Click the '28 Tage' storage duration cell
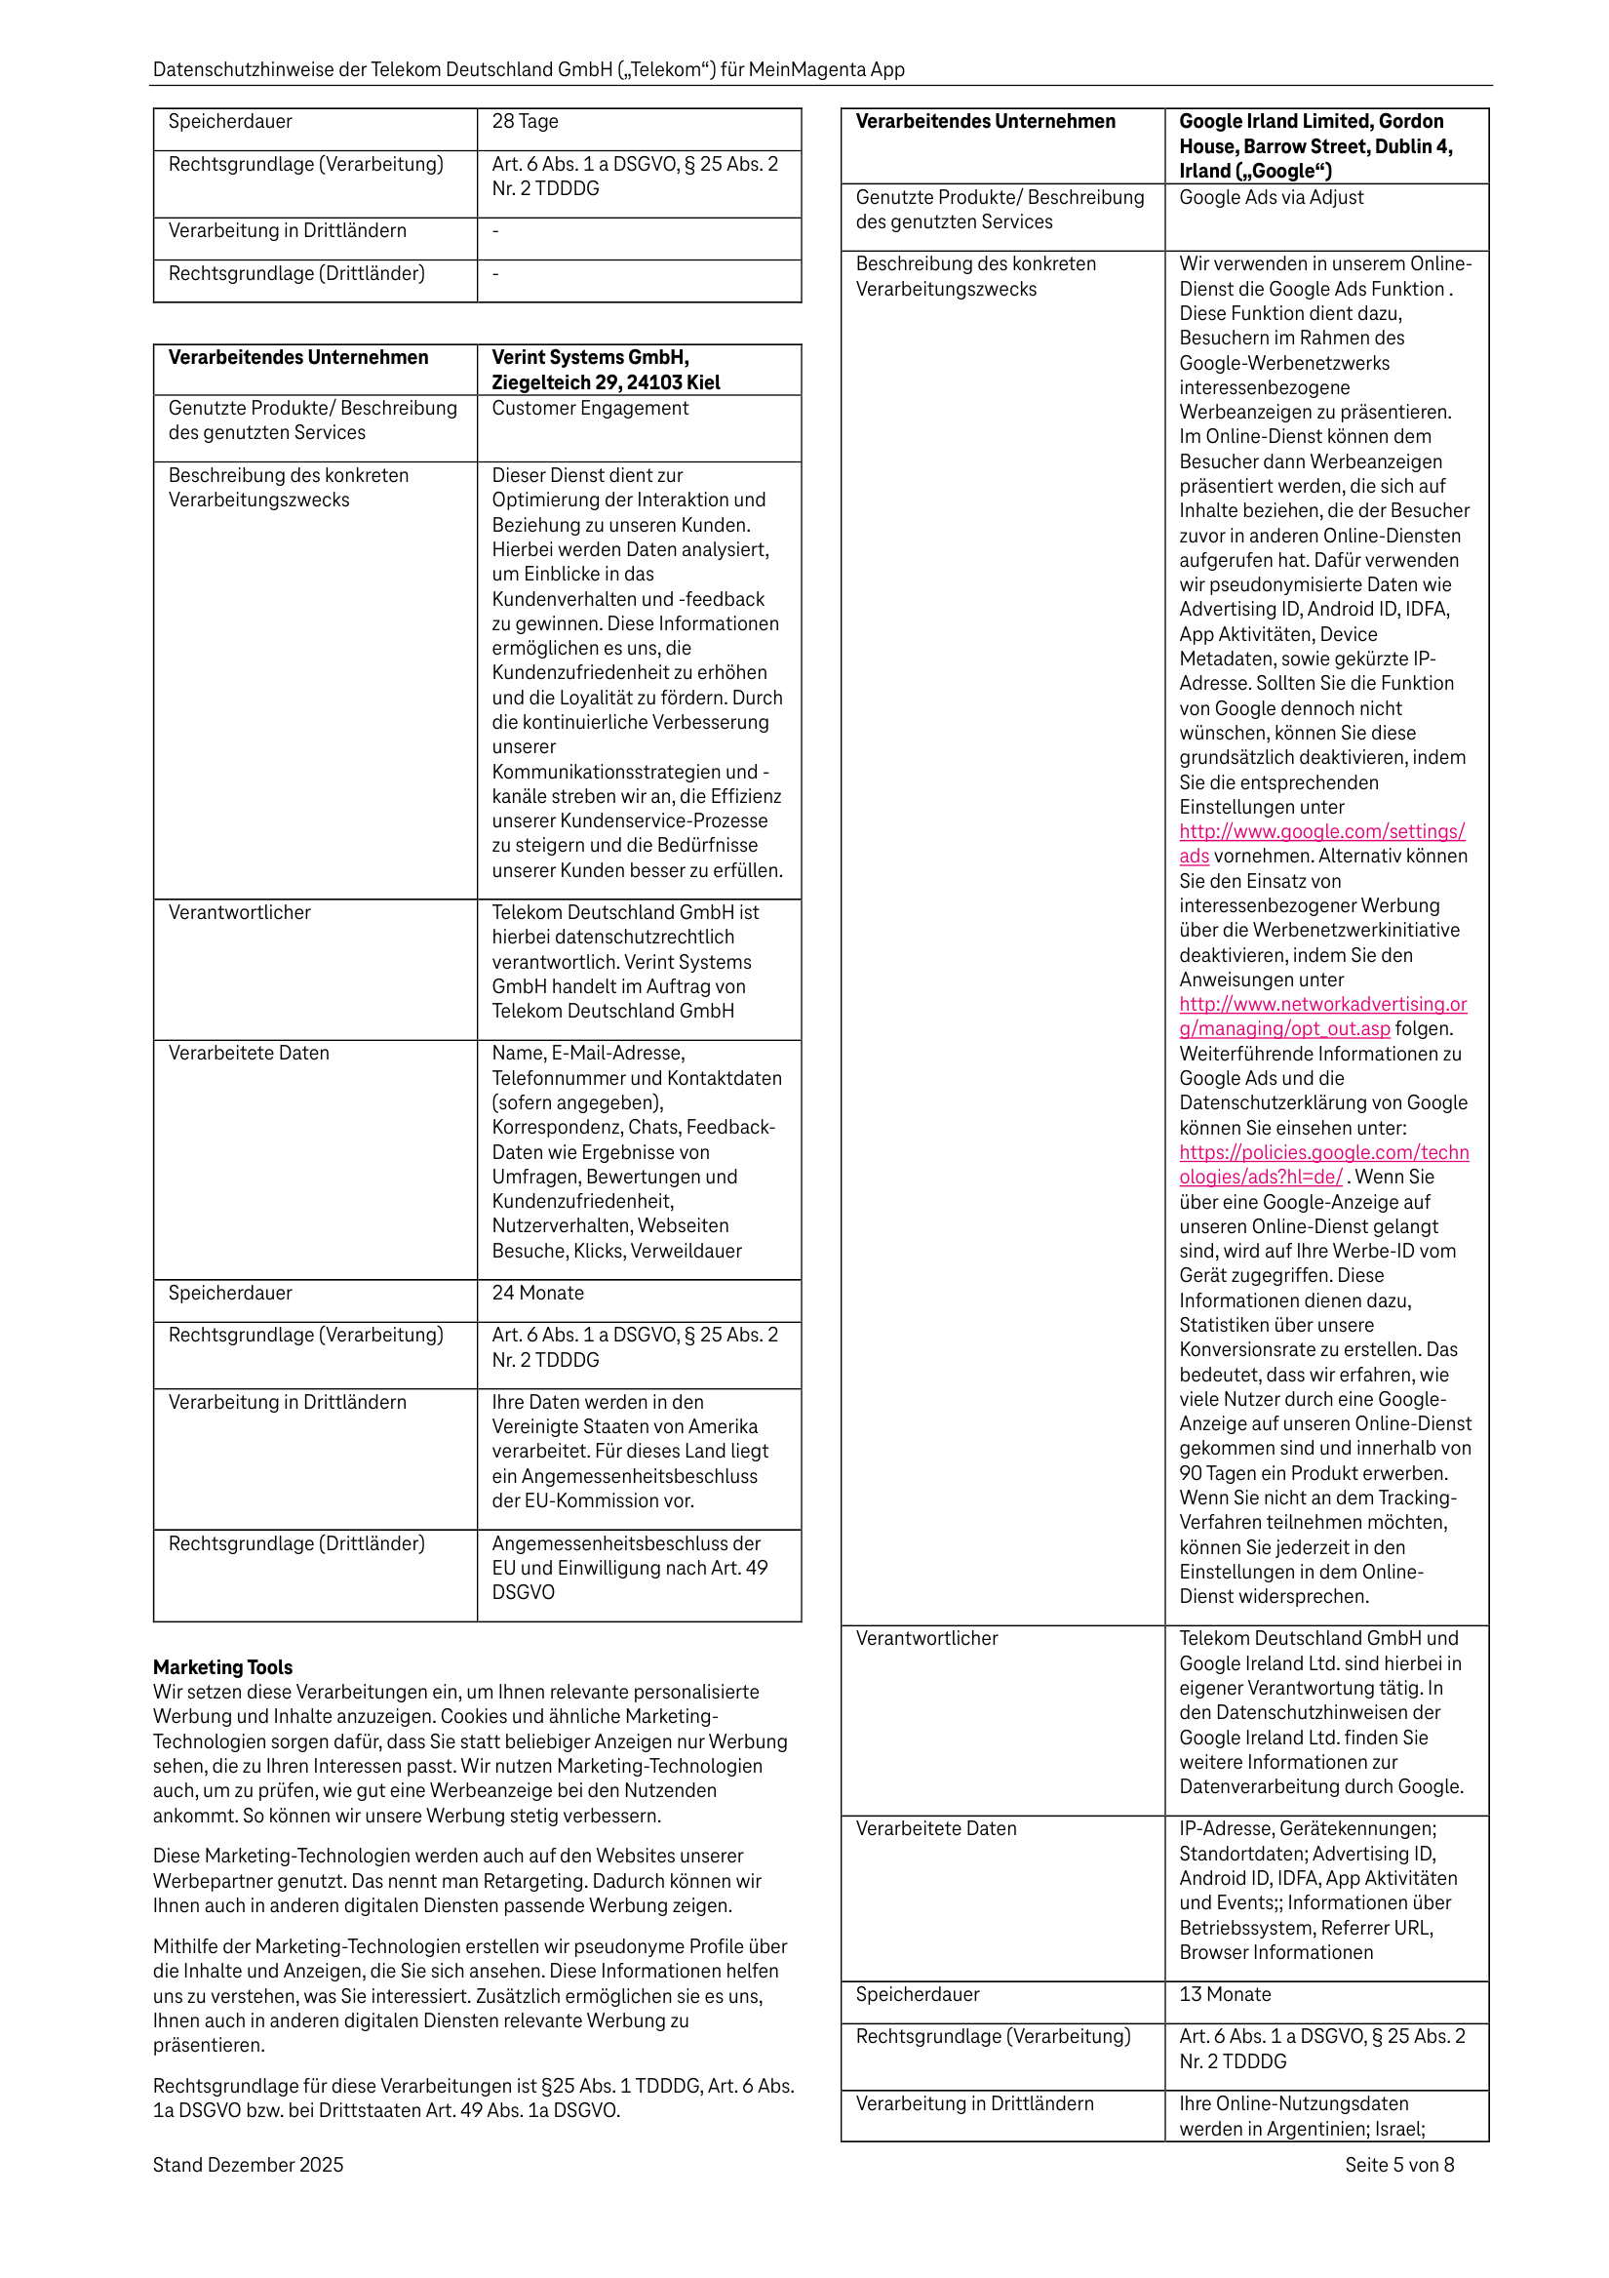[x=525, y=122]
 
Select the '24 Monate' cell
[x=537, y=1293]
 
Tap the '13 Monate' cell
[x=1225, y=1994]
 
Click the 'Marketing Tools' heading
[x=222, y=1667]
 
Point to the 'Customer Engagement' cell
[x=589, y=408]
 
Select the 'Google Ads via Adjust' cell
[x=1271, y=197]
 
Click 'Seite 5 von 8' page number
[x=1398, y=2165]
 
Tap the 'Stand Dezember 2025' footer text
[x=248, y=2165]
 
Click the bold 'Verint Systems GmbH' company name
[x=590, y=357]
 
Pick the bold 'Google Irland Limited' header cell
[x=1311, y=145]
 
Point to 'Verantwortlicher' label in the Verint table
[x=239, y=913]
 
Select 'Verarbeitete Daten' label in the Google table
[x=935, y=1828]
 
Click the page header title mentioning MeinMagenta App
[x=528, y=69]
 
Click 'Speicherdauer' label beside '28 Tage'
[x=230, y=122]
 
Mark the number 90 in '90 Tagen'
[x=1192, y=1473]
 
